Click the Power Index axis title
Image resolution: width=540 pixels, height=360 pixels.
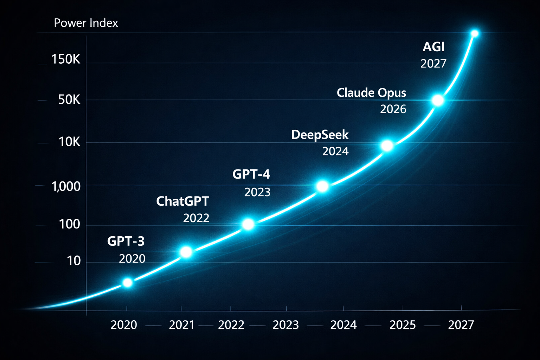tap(86, 23)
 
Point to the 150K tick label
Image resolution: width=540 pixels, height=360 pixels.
tap(66, 59)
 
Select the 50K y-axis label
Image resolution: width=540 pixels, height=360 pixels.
tap(69, 100)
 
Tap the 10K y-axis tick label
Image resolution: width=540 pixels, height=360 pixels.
tap(69, 142)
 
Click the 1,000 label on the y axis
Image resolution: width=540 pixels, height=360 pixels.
tap(66, 186)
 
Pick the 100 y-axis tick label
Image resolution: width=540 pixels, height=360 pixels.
tap(70, 224)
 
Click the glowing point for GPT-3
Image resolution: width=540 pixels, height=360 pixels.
tap(128, 283)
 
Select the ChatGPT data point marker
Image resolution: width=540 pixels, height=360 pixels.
tap(186, 252)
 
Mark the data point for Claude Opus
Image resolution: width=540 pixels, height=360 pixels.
tap(438, 101)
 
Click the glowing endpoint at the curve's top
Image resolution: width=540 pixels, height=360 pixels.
tap(475, 34)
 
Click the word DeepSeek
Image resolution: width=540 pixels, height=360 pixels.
tap(320, 135)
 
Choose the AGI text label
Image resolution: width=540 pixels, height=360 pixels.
tap(433, 47)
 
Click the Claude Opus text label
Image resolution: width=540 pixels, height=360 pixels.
tap(371, 93)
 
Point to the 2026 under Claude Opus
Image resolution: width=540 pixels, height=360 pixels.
tap(393, 109)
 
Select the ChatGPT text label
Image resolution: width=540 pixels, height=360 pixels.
tap(182, 201)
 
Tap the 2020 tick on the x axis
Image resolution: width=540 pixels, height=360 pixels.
tap(124, 325)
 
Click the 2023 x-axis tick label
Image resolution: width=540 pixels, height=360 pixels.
tap(285, 325)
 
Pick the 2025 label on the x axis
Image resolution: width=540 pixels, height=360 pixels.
tap(403, 325)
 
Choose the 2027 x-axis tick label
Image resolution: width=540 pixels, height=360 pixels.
tap(461, 325)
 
